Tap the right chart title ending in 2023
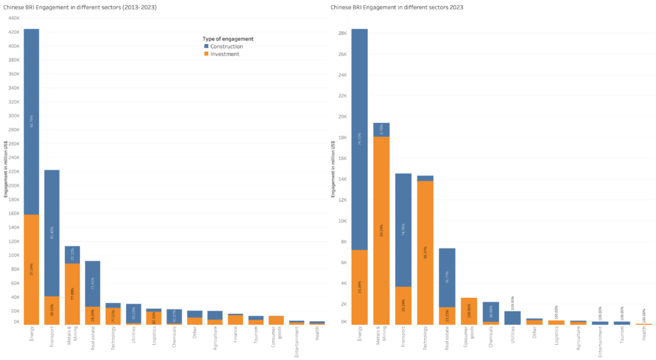[x=397, y=7]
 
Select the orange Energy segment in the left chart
[x=31, y=269]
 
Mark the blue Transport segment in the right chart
[x=404, y=230]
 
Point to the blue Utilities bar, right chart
[x=512, y=318]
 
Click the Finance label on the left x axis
[x=236, y=337]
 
